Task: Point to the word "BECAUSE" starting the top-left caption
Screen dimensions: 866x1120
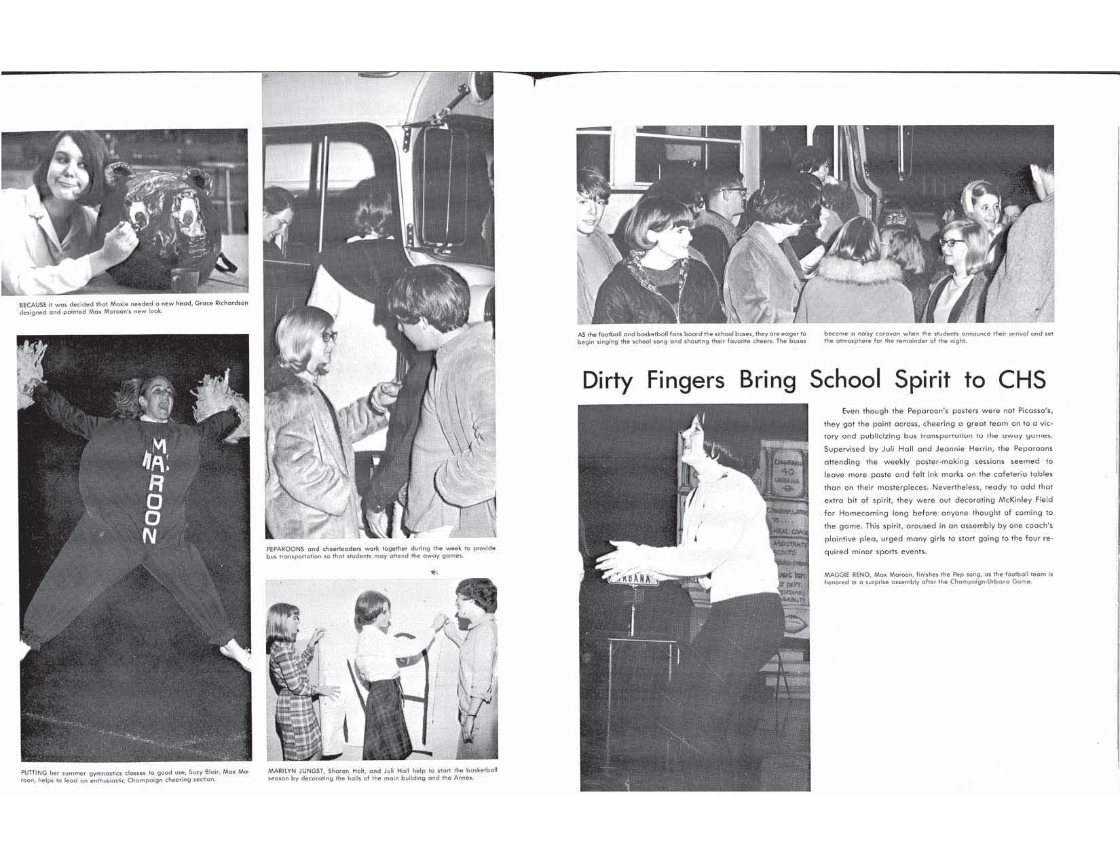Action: pos(33,304)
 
